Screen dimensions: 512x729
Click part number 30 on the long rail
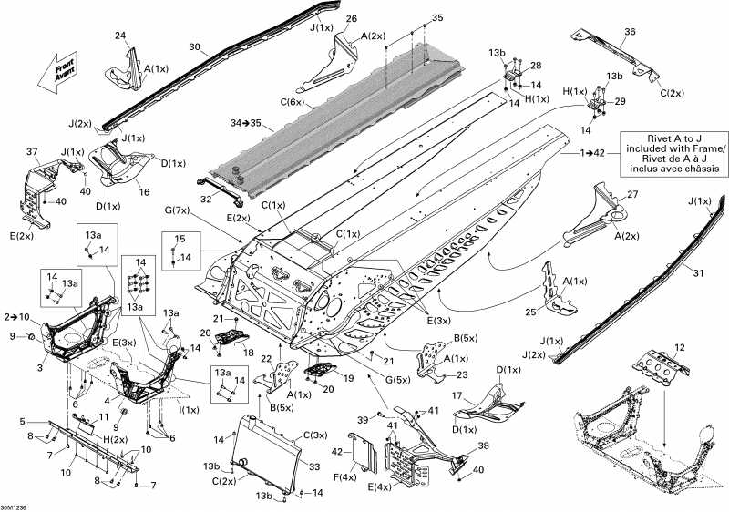click(x=193, y=47)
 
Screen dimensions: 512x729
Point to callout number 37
click(x=33, y=150)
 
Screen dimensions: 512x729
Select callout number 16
click(x=144, y=192)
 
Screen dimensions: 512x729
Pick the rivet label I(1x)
click(x=189, y=409)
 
